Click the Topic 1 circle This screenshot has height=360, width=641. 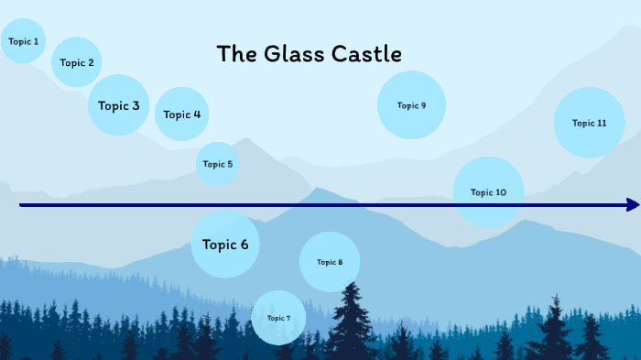click(24, 41)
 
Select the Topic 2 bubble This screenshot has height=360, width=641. click(77, 62)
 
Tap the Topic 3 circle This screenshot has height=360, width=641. click(119, 105)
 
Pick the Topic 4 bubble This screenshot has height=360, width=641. click(181, 115)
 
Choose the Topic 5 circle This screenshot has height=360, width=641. click(218, 164)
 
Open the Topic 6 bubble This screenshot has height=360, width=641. click(225, 245)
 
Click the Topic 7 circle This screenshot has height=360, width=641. click(278, 318)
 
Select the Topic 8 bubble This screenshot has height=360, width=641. click(330, 262)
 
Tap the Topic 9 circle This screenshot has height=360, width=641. click(411, 105)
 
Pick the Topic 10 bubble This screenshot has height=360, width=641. click(488, 192)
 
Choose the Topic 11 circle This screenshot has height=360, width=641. click(589, 123)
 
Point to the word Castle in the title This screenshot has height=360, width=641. click(369, 54)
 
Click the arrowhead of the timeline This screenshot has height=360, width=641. click(633, 205)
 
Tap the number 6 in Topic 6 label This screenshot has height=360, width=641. click(244, 245)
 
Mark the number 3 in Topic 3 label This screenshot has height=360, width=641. click(136, 105)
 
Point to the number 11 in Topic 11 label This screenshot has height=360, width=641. click(602, 123)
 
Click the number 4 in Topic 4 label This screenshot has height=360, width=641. click(196, 115)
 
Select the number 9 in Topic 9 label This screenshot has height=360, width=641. click(423, 105)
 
